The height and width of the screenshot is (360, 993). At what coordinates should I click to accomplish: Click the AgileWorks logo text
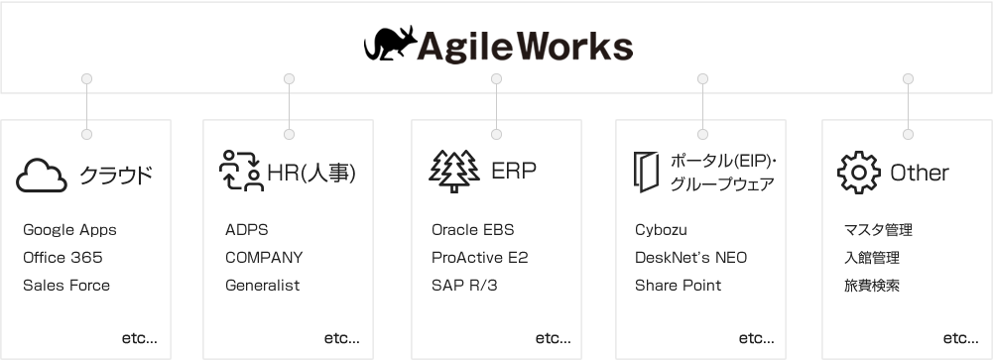click(x=526, y=46)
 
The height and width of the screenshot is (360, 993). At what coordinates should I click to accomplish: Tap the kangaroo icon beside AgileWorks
click(x=387, y=44)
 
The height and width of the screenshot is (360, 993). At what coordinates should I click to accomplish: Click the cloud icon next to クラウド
click(x=42, y=175)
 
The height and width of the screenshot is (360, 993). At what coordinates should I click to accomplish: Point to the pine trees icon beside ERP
click(x=454, y=171)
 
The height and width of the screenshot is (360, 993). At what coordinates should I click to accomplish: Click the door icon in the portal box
click(x=646, y=171)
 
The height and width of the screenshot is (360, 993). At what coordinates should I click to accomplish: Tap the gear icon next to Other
click(x=858, y=172)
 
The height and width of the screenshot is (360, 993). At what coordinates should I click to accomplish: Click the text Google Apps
click(x=69, y=230)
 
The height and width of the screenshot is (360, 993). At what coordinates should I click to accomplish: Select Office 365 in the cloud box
click(x=62, y=258)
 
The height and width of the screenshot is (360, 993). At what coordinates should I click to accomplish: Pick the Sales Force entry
click(x=66, y=286)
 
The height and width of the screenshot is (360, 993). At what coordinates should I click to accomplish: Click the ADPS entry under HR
click(x=246, y=230)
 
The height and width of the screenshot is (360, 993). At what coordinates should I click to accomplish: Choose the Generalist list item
click(x=262, y=286)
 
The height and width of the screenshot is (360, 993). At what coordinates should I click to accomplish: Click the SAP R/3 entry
click(x=465, y=286)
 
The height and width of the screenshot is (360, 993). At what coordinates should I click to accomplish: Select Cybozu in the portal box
click(x=661, y=230)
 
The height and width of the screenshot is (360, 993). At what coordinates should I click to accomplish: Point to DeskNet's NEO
click(x=690, y=258)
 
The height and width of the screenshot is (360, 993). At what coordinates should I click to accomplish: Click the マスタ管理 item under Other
click(x=878, y=230)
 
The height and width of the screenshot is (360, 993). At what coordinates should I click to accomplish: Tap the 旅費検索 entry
click(x=872, y=286)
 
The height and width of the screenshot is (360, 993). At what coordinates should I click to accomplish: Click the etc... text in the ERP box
click(x=553, y=338)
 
